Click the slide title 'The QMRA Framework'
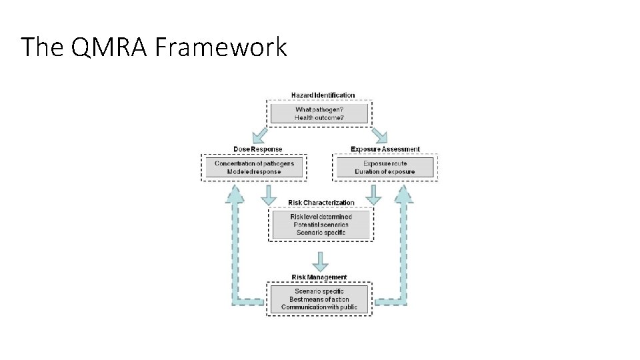(x=154, y=47)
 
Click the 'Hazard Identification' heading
(x=323, y=95)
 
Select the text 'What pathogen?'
(x=320, y=109)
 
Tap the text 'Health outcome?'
(x=319, y=118)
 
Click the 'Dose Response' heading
(x=257, y=149)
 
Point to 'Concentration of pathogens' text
(x=254, y=163)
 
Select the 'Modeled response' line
(x=254, y=172)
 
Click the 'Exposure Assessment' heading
(x=385, y=149)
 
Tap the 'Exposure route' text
(x=385, y=163)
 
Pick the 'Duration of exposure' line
(x=385, y=172)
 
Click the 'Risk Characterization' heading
(x=321, y=203)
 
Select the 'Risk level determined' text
(x=321, y=217)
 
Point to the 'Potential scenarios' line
(x=321, y=225)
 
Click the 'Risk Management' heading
(x=319, y=277)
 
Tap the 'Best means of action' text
(x=319, y=299)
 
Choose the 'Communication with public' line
(x=319, y=307)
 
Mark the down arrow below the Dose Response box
(x=269, y=195)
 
